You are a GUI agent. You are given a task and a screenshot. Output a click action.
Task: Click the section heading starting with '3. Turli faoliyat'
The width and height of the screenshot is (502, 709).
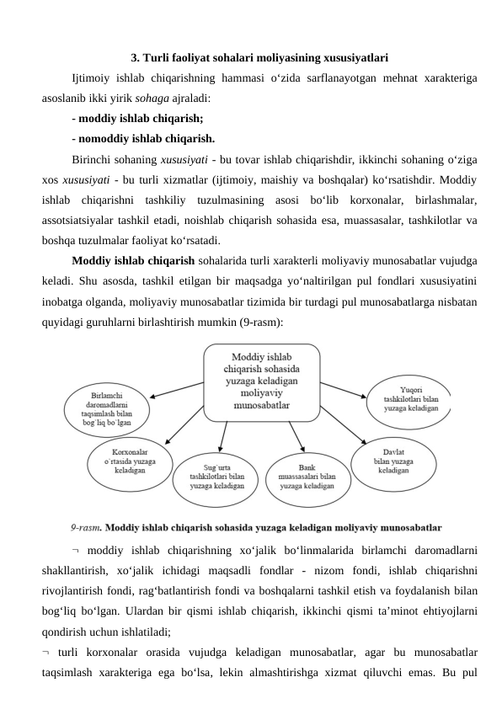pyautogui.click(x=259, y=59)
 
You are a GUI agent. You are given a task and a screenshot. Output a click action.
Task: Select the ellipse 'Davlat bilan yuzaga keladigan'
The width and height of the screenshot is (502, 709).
pyautogui.click(x=393, y=460)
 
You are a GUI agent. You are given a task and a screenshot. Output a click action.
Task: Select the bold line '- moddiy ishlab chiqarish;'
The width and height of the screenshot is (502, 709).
pyautogui.click(x=137, y=118)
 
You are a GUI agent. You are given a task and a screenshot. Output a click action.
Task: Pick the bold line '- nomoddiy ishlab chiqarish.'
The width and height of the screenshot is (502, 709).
pyautogui.click(x=143, y=138)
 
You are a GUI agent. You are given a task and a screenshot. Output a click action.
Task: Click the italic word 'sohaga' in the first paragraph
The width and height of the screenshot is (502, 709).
pyautogui.click(x=152, y=98)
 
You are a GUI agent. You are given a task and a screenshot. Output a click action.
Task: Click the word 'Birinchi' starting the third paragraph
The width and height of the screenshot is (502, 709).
pyautogui.click(x=93, y=159)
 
